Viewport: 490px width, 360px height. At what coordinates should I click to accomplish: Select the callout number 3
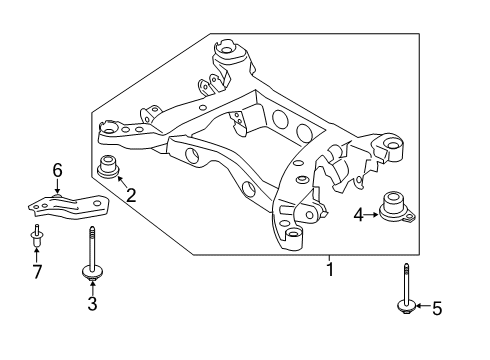click(x=92, y=304)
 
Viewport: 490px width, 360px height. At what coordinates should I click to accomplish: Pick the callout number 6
click(x=58, y=170)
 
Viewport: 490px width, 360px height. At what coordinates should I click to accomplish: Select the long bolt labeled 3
click(x=91, y=256)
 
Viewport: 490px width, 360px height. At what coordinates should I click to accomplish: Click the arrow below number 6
click(x=58, y=185)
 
